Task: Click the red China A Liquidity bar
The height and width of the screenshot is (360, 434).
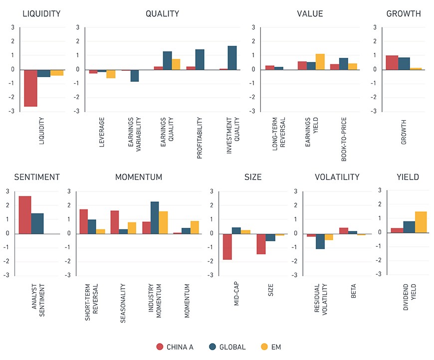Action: [x=30, y=88]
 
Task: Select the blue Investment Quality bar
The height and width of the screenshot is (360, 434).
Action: [x=232, y=58]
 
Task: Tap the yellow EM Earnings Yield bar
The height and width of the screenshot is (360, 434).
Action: [x=320, y=62]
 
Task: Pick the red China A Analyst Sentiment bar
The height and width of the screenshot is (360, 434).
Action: [x=25, y=215]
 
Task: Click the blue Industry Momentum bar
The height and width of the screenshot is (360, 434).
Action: [x=155, y=218]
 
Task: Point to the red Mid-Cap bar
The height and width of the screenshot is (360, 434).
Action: [x=227, y=247]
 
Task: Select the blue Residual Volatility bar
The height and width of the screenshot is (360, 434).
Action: [x=320, y=241]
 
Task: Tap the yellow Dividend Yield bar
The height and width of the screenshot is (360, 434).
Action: [x=421, y=222]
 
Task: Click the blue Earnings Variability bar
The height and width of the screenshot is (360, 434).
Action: [x=135, y=76]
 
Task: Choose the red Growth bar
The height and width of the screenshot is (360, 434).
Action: [x=392, y=62]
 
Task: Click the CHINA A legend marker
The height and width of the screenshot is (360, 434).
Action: [x=160, y=347]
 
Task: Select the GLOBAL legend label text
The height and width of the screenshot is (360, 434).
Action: [x=232, y=347]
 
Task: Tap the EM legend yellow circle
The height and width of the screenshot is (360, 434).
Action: [x=264, y=347]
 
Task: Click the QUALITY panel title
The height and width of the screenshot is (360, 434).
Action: [x=162, y=13]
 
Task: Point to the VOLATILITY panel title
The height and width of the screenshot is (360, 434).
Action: [x=337, y=177]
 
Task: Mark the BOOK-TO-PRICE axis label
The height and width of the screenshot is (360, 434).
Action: [x=344, y=139]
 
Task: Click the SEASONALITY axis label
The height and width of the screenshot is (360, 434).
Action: [x=123, y=303]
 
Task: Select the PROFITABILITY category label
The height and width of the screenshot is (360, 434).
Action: [x=199, y=138]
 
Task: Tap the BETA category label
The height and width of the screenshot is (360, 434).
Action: [x=353, y=291]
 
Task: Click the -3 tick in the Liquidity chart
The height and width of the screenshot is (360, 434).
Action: [x=11, y=111]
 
